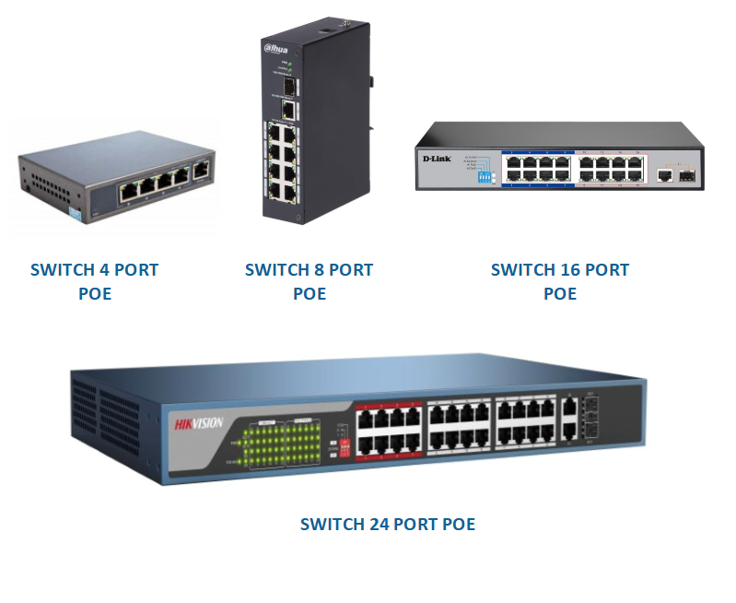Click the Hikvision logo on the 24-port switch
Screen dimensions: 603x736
(199, 424)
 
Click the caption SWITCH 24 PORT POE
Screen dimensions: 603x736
(388, 525)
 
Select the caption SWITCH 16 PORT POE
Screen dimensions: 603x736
(559, 281)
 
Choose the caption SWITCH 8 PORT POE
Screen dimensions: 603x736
(310, 281)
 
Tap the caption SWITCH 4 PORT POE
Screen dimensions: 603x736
(94, 281)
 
